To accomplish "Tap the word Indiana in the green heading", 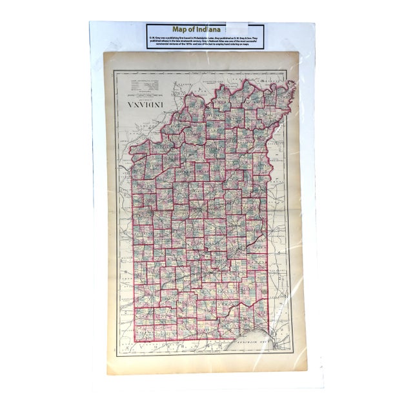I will pos(216,29).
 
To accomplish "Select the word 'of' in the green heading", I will pos(198,29).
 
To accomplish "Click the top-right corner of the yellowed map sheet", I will pos(301,55).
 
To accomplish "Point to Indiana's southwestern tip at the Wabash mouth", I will pos(293,84).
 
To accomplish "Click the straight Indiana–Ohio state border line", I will pos(132,245).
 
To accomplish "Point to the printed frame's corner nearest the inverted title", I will pos(114,70).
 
